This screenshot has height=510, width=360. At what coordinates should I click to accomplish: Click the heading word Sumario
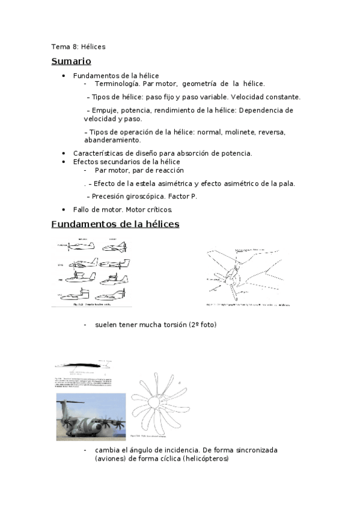(71, 61)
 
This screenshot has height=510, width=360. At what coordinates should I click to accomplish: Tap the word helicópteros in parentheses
(203, 458)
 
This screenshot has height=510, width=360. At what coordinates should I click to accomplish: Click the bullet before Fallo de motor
(64, 209)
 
